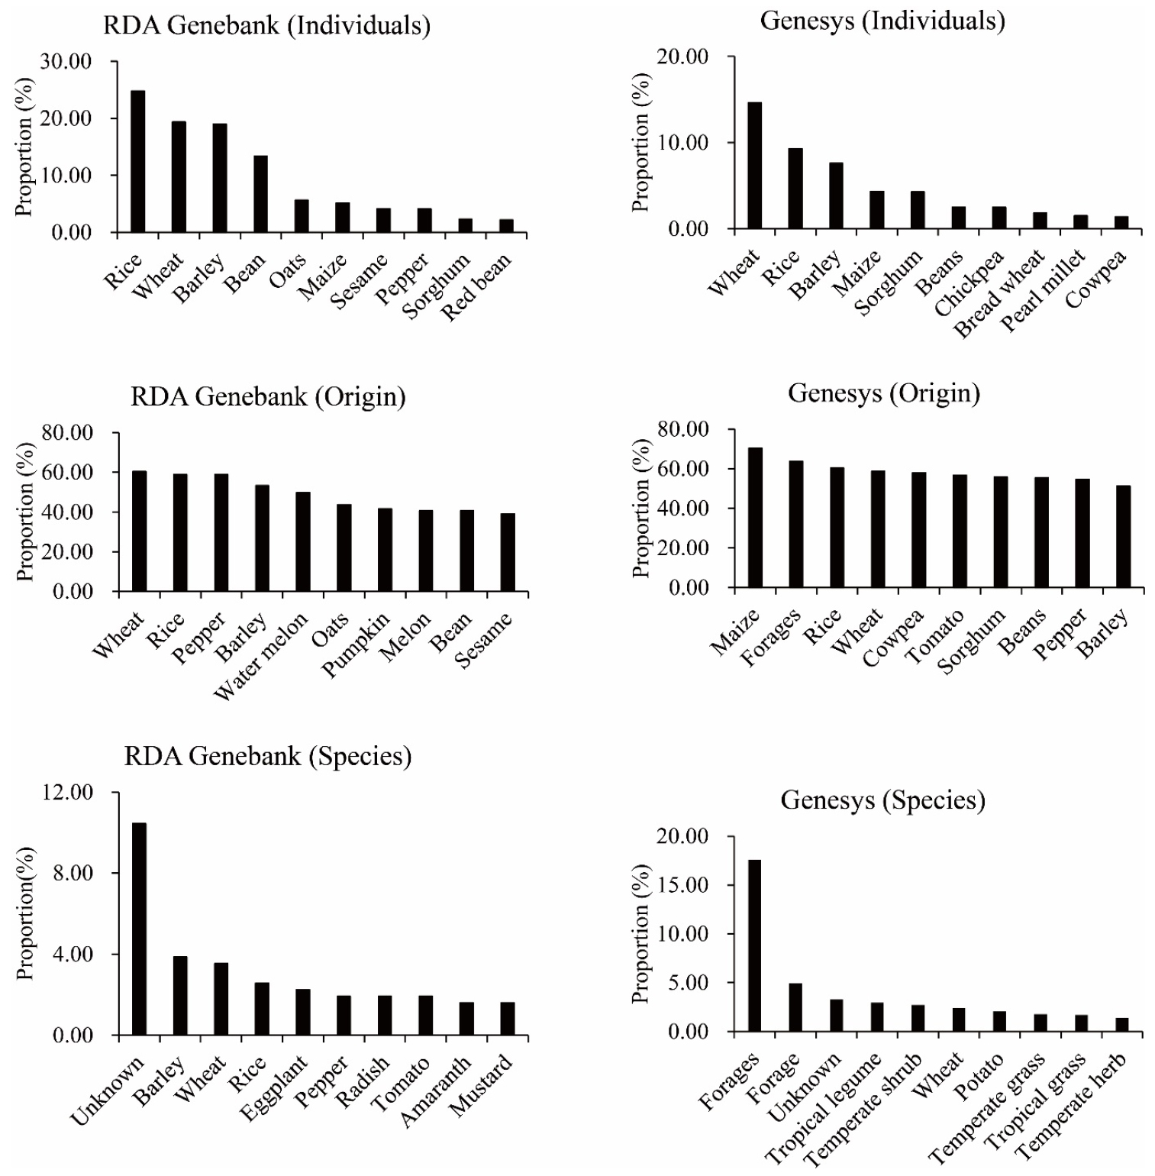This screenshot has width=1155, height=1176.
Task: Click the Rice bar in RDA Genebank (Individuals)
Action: click(x=137, y=161)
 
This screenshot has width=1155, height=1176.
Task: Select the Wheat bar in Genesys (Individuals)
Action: click(x=754, y=166)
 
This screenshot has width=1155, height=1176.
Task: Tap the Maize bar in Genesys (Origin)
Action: click(x=754, y=518)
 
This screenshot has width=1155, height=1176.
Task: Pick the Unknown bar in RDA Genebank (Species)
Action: click(x=139, y=929)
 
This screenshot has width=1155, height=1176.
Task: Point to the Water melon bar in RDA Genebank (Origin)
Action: click(x=303, y=541)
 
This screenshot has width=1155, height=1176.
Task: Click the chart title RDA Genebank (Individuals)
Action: click(x=267, y=27)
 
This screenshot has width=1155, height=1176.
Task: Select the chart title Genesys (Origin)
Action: click(x=884, y=393)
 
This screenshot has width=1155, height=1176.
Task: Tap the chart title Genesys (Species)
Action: click(x=883, y=800)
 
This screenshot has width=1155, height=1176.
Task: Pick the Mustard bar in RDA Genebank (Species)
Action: click(x=507, y=1019)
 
